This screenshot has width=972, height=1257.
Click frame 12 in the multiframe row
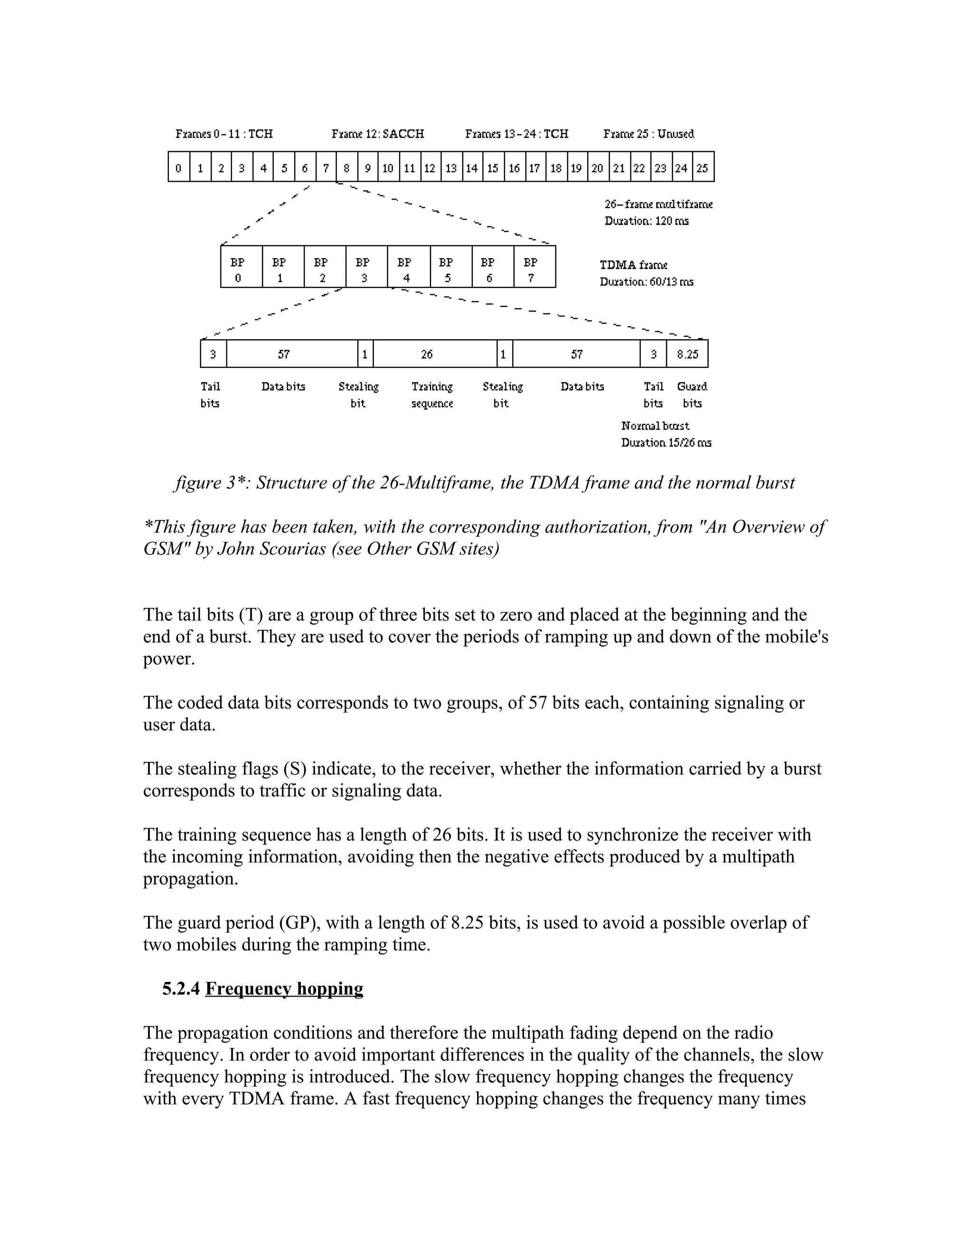click(x=430, y=167)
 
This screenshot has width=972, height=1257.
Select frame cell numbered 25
click(x=702, y=167)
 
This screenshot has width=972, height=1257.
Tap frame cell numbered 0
click(x=178, y=167)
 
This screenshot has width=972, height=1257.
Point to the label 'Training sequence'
click(x=432, y=395)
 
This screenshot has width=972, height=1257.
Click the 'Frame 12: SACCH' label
click(x=378, y=134)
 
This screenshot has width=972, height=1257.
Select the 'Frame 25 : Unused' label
click(x=648, y=134)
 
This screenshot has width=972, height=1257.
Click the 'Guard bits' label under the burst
click(x=692, y=395)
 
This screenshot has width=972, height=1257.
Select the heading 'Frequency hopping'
click(x=284, y=989)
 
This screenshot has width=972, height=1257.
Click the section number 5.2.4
click(x=181, y=989)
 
